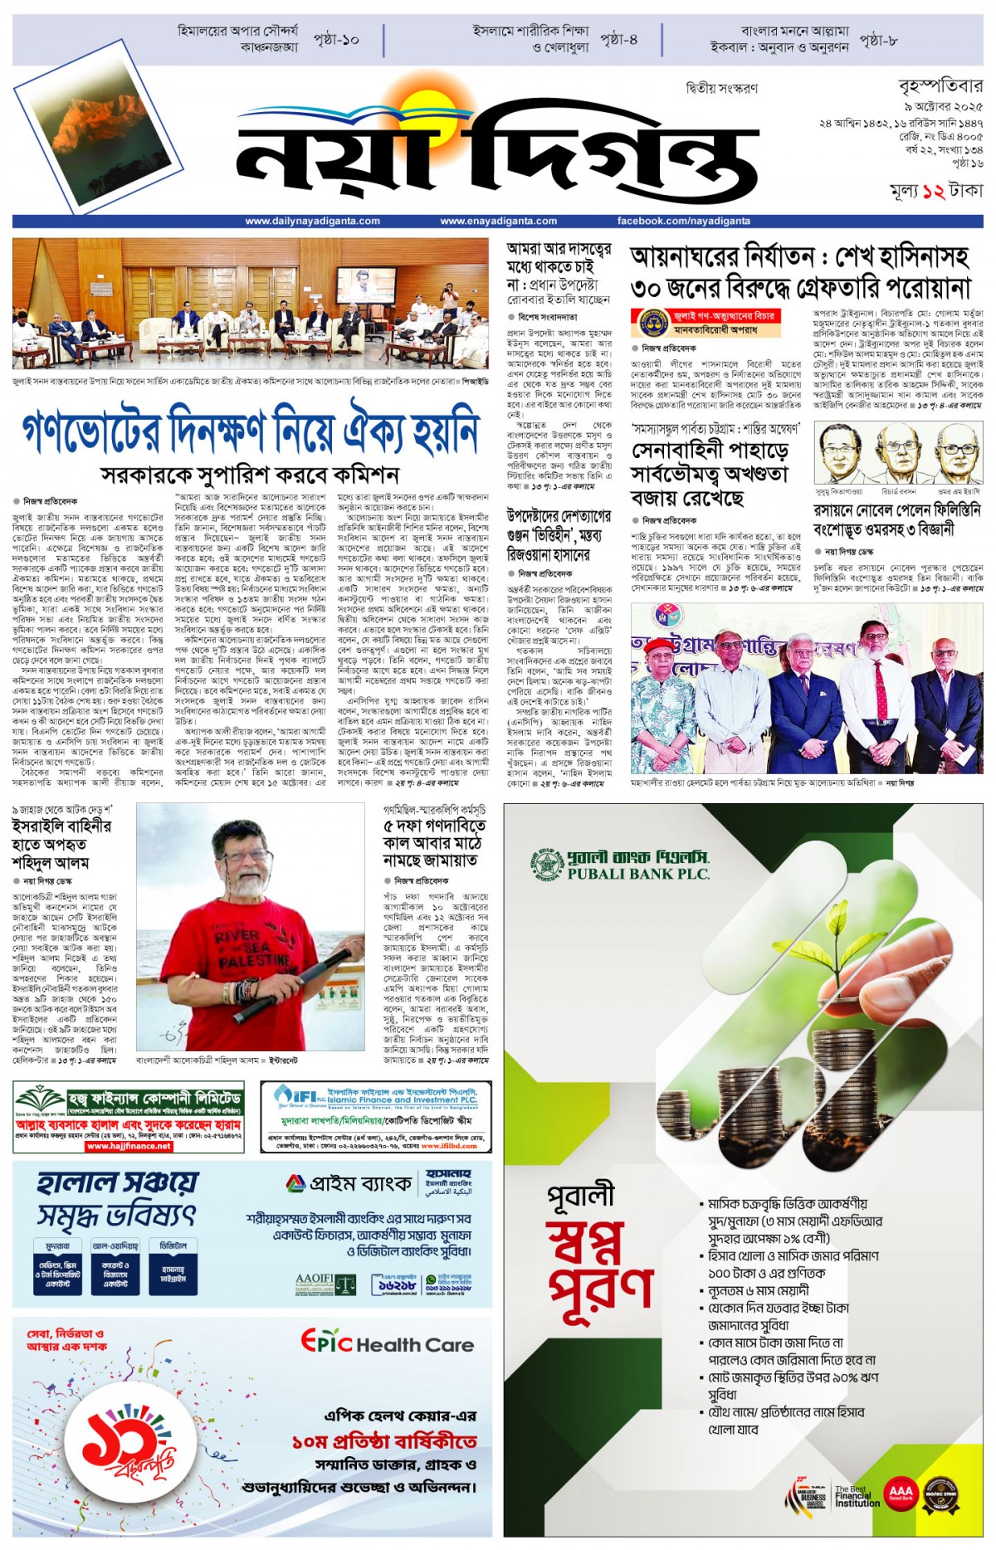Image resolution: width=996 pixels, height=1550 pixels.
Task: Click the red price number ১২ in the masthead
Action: point(933,192)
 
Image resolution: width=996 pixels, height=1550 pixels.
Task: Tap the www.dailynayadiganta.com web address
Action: point(312,222)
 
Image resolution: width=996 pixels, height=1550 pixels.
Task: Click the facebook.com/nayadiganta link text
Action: point(683,222)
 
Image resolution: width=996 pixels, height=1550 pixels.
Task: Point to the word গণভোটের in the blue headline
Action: point(92,430)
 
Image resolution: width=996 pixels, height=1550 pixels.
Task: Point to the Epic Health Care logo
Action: point(387,1343)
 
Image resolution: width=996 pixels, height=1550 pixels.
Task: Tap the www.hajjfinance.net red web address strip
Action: point(129,1147)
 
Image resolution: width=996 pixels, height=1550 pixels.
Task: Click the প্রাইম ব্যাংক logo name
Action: point(349,1183)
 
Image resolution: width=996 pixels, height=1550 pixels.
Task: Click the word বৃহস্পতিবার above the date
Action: point(940,86)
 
